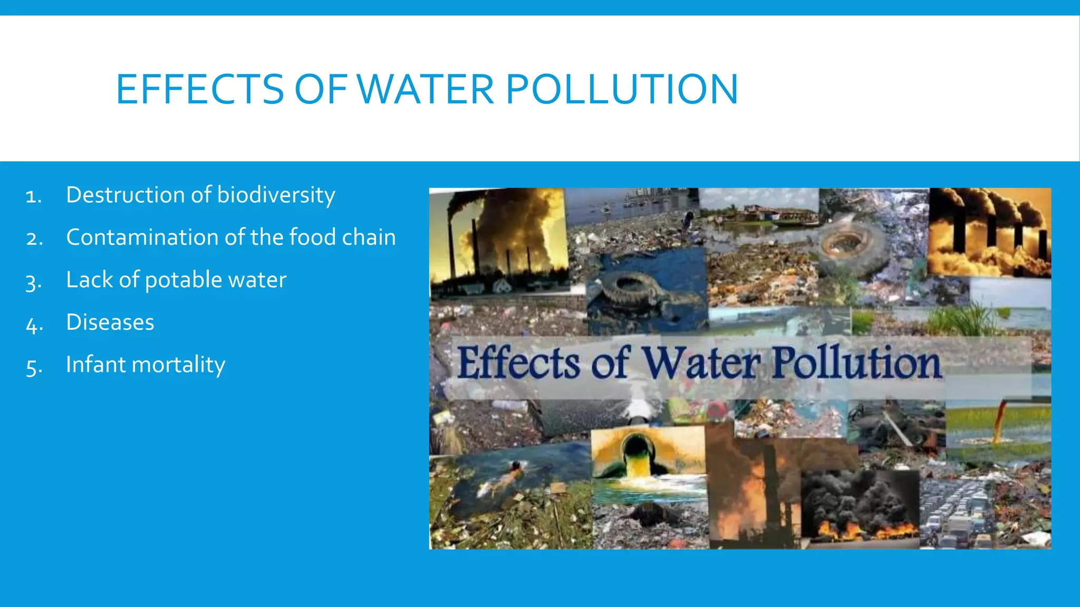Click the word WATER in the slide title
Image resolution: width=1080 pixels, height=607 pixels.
tap(426, 89)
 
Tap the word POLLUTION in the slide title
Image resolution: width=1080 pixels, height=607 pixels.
tap(622, 89)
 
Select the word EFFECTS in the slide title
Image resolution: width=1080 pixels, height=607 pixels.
tap(200, 89)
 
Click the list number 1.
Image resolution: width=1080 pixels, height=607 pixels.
tap(33, 197)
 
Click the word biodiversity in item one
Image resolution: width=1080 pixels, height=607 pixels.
tap(276, 194)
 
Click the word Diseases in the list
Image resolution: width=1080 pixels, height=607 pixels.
tap(110, 322)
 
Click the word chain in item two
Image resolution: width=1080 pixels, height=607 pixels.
tap(369, 237)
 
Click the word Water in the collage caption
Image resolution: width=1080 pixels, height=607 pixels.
tap(701, 363)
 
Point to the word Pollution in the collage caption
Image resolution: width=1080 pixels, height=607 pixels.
tap(856, 363)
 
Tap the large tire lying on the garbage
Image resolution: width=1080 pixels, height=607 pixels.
tap(852, 245)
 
